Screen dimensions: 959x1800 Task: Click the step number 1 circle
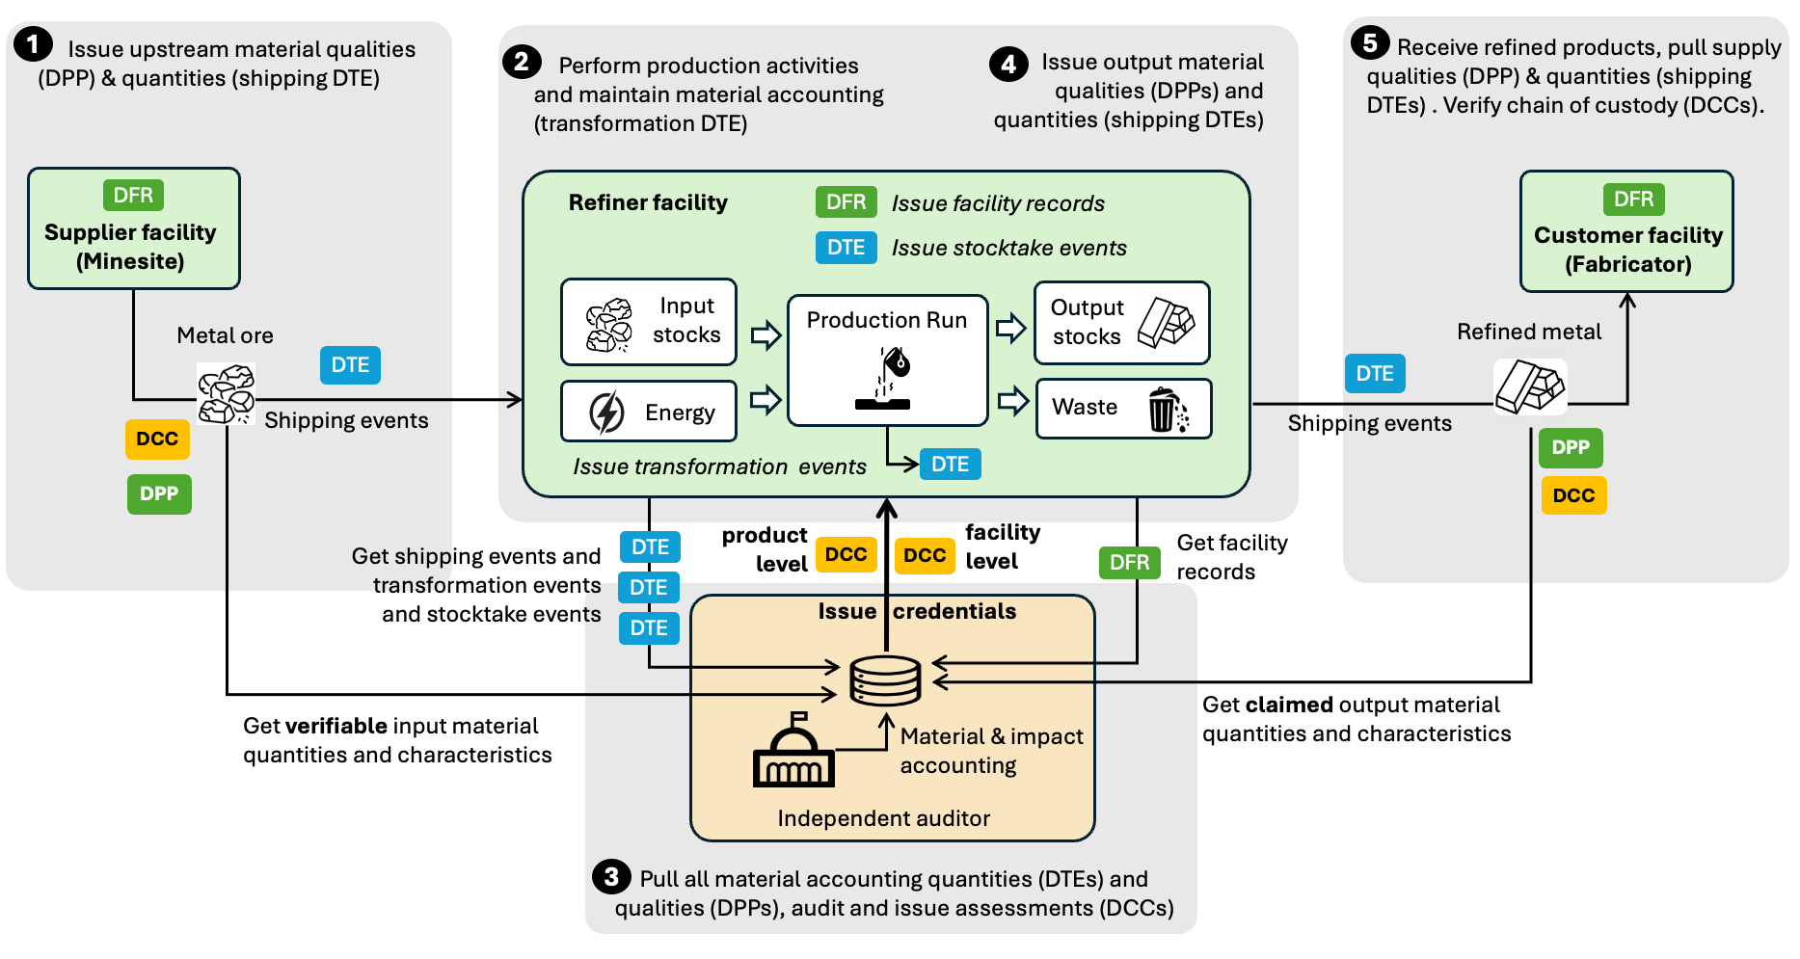point(33,43)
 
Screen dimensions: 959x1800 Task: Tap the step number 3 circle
point(611,876)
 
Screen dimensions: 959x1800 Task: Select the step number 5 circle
point(1369,42)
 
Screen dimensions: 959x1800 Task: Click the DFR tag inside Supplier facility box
point(133,196)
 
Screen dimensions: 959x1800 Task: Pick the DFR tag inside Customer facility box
point(1633,200)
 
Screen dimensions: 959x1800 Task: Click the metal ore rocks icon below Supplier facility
point(226,394)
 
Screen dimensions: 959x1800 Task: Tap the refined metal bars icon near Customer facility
point(1529,386)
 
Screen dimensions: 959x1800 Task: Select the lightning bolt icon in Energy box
point(606,413)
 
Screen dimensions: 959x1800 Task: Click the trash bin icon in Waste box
point(1167,410)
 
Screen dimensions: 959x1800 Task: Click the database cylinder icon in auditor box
point(885,680)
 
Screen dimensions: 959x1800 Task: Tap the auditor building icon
point(793,753)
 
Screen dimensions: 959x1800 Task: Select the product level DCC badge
point(846,555)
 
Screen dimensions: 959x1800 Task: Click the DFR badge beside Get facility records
point(1129,563)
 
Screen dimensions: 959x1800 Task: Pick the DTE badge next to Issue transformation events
point(950,465)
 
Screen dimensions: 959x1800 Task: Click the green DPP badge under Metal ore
point(159,494)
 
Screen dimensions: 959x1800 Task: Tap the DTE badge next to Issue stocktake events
point(846,248)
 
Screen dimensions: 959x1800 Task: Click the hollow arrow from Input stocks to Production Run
point(766,334)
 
